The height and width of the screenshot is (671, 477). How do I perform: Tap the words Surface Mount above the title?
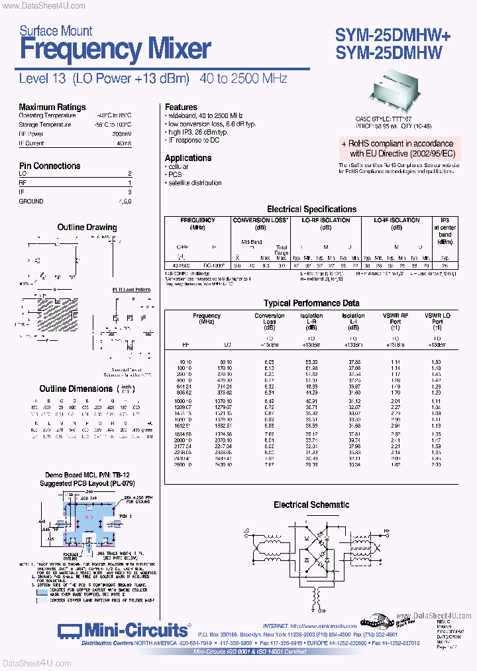coord(56,30)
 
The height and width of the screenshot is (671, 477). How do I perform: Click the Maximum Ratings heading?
coord(52,107)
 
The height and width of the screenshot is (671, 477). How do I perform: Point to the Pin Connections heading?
coord(50,166)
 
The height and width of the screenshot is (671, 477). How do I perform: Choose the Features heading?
coord(181,107)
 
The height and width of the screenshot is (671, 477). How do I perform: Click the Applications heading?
coord(188,158)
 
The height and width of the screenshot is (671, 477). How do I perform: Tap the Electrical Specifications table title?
coord(311,209)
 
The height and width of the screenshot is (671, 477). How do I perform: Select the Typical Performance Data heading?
coord(311,303)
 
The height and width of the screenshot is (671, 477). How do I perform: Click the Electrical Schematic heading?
coord(311,505)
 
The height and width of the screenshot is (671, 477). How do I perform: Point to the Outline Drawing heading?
coord(87,227)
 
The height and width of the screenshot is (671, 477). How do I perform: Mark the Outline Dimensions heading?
coord(76,389)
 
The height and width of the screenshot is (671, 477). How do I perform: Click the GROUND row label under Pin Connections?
coord(31,201)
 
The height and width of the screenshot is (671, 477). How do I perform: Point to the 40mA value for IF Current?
coord(124,143)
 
